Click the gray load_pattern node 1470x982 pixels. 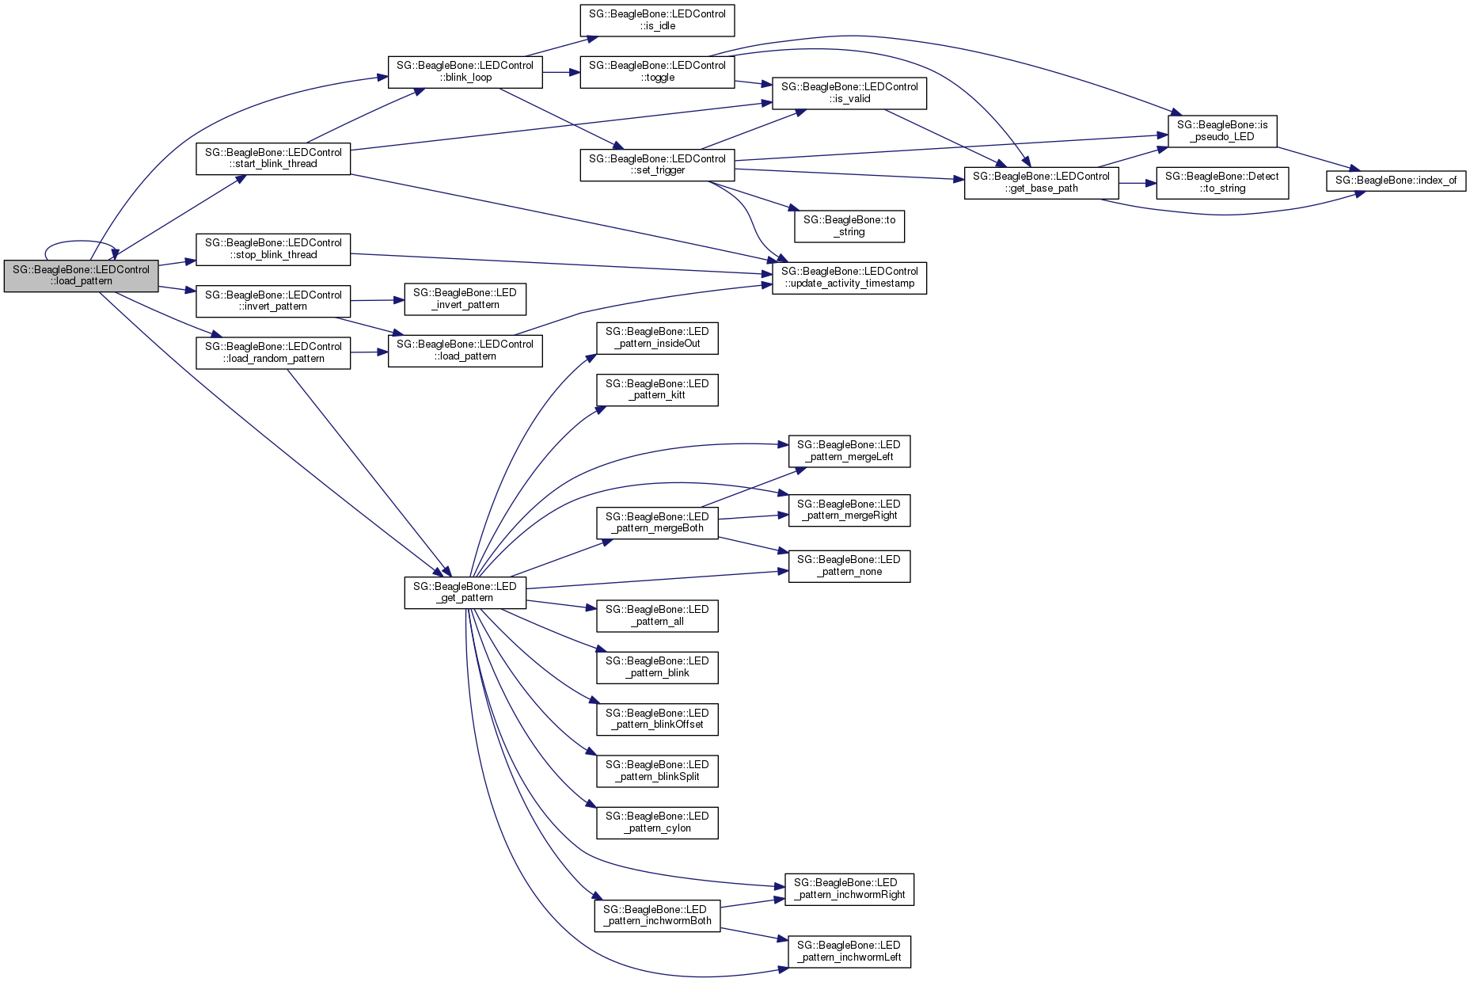tap(81, 276)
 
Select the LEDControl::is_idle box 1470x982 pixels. tap(657, 20)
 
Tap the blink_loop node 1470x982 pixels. tap(465, 71)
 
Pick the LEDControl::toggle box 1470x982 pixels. tap(657, 71)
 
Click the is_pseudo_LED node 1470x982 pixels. tap(1222, 131)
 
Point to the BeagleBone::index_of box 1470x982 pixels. tap(1396, 181)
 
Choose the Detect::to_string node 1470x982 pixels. tap(1221, 182)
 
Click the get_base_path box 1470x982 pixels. tap(1041, 182)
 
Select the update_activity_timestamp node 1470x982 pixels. tap(849, 277)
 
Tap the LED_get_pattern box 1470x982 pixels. tap(465, 592)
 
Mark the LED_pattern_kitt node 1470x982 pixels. tap(657, 390)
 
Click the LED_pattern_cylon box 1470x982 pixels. tap(657, 822)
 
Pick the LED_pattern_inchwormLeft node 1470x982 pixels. tap(849, 951)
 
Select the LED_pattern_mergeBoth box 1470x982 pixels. tap(657, 523)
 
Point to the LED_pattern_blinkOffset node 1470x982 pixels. tap(657, 719)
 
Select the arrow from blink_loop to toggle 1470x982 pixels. tap(561, 72)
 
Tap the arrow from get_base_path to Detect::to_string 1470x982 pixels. tap(1138, 183)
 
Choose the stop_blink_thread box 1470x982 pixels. tap(273, 249)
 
